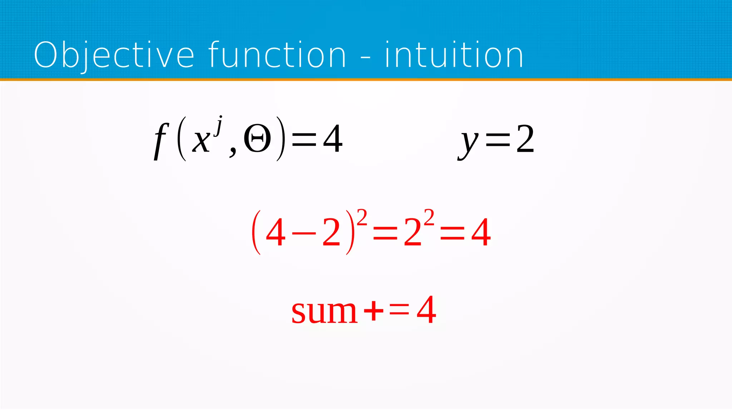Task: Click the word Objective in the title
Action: click(114, 55)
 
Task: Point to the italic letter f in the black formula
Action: click(160, 140)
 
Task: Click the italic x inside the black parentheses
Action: click(201, 140)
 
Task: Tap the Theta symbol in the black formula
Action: click(257, 139)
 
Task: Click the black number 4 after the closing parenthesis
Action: click(333, 139)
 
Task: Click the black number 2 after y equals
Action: click(525, 139)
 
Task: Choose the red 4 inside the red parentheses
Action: click(276, 233)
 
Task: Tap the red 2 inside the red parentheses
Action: click(331, 233)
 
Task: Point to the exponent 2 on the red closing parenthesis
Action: click(362, 217)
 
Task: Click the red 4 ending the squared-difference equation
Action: click(481, 233)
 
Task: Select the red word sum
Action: click(324, 311)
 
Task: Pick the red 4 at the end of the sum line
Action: click(426, 310)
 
